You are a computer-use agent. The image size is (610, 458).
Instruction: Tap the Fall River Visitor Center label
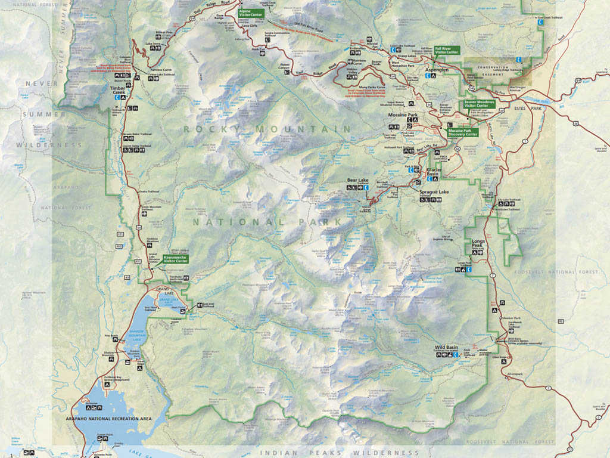(447, 50)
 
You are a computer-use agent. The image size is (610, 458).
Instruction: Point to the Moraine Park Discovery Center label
(463, 132)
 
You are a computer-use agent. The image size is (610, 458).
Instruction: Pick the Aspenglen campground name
(437, 69)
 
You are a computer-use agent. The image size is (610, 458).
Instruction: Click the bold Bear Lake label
(359, 180)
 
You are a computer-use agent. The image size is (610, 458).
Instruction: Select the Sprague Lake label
(434, 193)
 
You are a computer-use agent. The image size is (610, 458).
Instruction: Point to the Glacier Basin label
(437, 172)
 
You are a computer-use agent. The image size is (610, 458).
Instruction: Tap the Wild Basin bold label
(446, 346)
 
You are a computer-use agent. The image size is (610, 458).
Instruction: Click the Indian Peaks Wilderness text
(340, 453)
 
